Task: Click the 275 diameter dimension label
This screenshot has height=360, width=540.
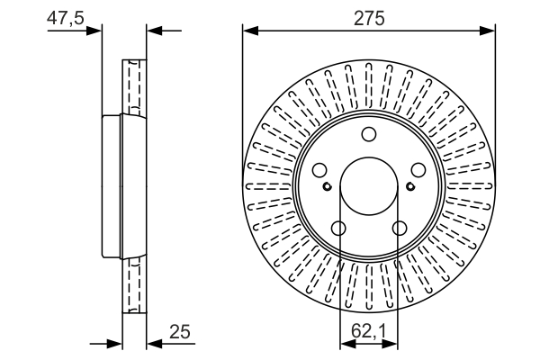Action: point(370,18)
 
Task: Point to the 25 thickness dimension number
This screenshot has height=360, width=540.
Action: point(181,333)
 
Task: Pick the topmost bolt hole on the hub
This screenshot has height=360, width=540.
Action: point(369,135)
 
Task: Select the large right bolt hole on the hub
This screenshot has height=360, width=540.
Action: point(417,170)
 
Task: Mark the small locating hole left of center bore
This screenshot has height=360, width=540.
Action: point(328,186)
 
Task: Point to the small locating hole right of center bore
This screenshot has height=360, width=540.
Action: point(410,186)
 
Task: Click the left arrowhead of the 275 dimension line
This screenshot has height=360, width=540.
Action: point(249,31)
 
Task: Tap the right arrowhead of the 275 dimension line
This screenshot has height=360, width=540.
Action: point(490,31)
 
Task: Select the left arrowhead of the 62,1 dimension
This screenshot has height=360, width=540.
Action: point(345,343)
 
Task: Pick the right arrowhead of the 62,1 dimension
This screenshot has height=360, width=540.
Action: point(393,343)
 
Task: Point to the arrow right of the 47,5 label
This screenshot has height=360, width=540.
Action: point(95,31)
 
